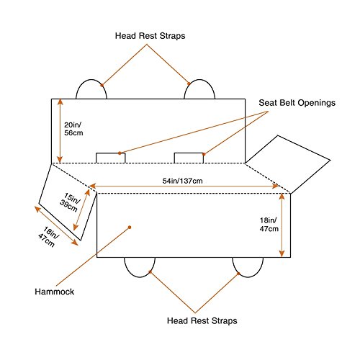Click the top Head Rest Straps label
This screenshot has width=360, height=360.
coord(150,36)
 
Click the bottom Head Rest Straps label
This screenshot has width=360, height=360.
coord(202,320)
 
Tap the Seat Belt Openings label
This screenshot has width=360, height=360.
coord(297,103)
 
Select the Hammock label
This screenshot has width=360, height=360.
coord(55,292)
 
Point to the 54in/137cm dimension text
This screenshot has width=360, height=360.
coord(183,181)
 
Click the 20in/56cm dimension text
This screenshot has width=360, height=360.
coord(73,129)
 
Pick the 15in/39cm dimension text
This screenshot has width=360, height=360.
coord(70,202)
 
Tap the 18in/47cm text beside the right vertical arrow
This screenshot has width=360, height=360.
coord(269,225)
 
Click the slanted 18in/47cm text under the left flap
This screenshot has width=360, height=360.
coord(49,237)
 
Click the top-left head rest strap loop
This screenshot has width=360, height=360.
coord(91,80)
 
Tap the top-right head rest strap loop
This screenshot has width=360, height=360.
coord(199,80)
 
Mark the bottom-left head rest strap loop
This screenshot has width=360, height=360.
coord(140,277)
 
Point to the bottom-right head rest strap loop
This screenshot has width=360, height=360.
coord(248,277)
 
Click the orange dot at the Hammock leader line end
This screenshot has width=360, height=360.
coord(130,227)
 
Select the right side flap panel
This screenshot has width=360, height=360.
coord(288,164)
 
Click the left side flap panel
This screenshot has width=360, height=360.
coord(68,202)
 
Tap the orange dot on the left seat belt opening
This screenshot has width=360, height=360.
coord(120,153)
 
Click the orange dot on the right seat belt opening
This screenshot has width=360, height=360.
coord(204,154)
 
